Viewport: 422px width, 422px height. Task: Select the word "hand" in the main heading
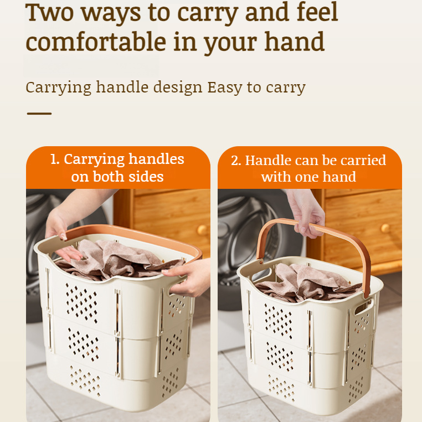pyautogui.click(x=294, y=42)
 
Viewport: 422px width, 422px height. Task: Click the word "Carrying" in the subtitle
pyautogui.click(x=58, y=88)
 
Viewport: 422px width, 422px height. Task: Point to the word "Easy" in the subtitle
pyautogui.click(x=225, y=88)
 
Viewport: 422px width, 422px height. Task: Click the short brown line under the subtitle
pyautogui.click(x=39, y=114)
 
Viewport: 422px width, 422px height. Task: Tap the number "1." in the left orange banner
pyautogui.click(x=55, y=159)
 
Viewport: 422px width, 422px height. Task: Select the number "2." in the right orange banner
pyautogui.click(x=236, y=161)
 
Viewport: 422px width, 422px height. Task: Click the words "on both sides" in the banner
pyautogui.click(x=117, y=177)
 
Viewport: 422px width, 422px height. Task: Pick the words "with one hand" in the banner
pyautogui.click(x=308, y=177)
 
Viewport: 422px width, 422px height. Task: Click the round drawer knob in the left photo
pyautogui.click(x=202, y=230)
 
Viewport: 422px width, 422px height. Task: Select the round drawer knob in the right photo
pyautogui.click(x=385, y=228)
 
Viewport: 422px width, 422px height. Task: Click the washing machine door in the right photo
pyautogui.click(x=244, y=233)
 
